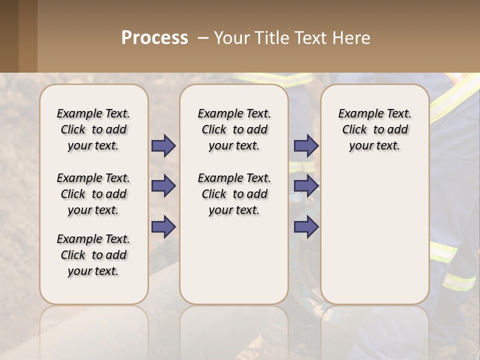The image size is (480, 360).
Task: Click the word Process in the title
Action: tap(154, 38)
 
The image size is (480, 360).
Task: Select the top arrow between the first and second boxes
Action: tap(163, 145)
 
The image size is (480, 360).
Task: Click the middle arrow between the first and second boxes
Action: tap(163, 186)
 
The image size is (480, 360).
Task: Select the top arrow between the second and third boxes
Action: tap(306, 145)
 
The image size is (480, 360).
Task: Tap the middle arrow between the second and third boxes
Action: tap(306, 186)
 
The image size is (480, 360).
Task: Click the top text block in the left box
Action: tap(93, 129)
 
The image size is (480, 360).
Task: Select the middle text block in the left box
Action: tap(93, 194)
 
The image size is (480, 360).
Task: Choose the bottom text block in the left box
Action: tap(93, 255)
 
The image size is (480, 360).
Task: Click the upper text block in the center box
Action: tap(234, 129)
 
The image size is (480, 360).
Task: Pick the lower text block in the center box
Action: tap(234, 194)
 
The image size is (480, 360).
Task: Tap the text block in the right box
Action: tap(375, 129)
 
